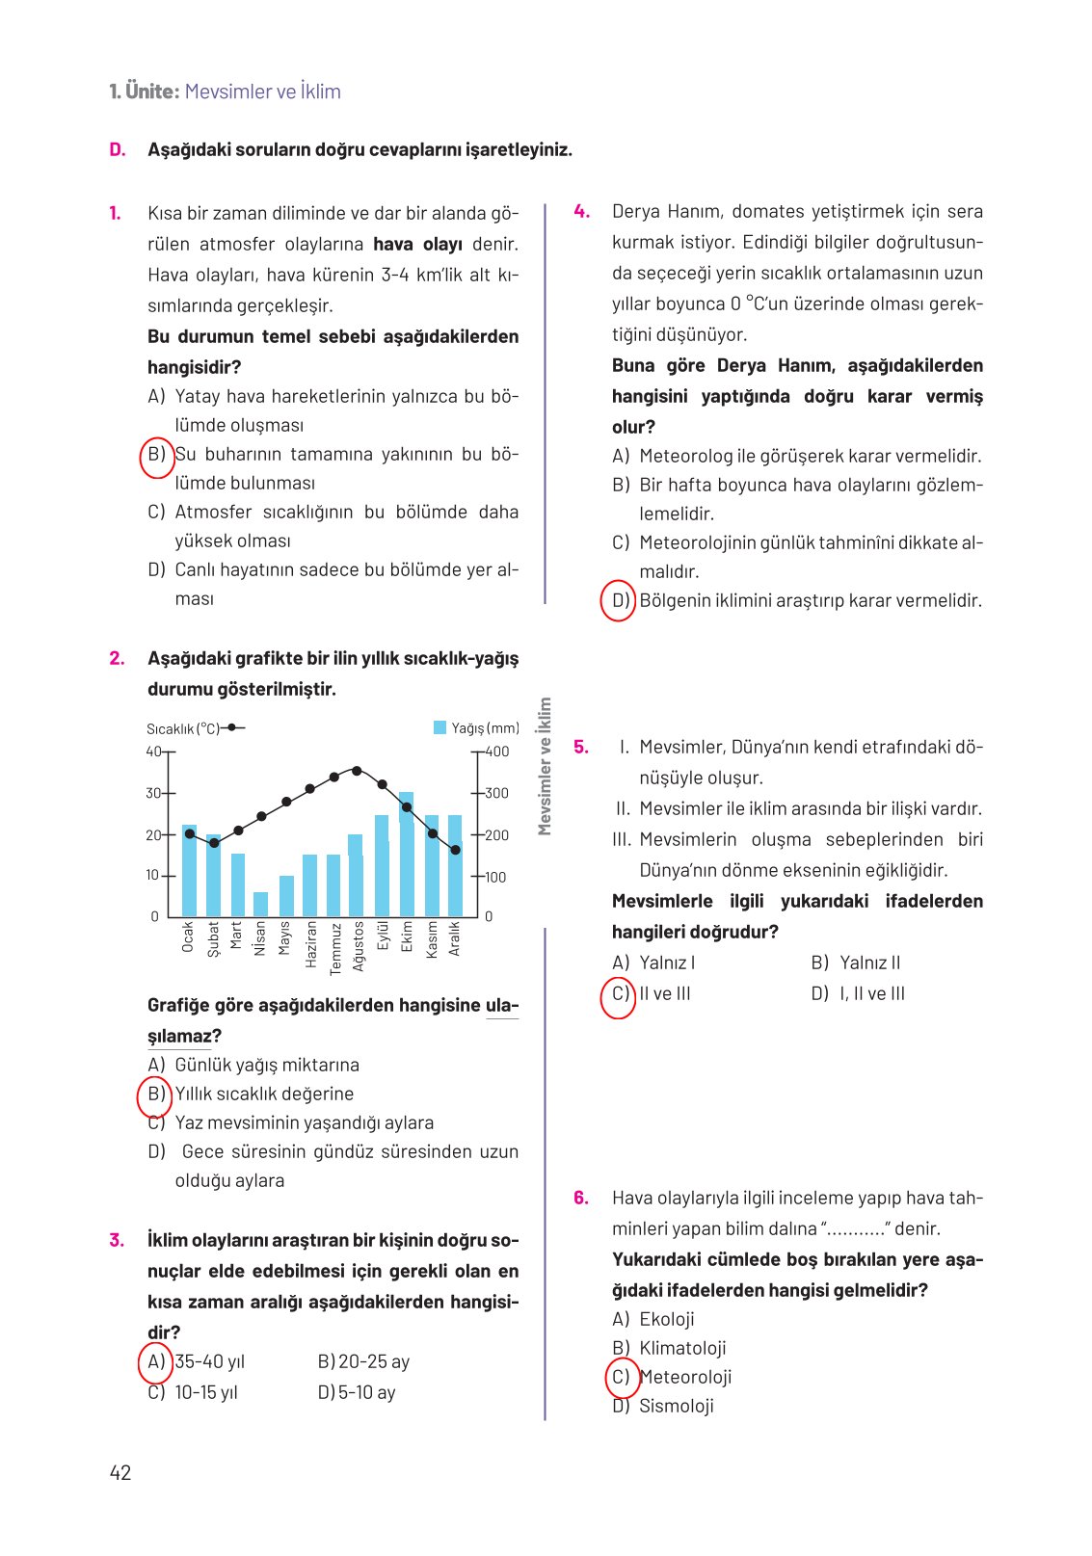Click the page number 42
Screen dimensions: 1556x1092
120,1472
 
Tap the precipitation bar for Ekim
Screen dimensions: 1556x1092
407,854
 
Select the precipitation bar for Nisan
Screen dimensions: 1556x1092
260,904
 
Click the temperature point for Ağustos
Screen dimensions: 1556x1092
357,771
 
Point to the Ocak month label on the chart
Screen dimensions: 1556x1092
188,936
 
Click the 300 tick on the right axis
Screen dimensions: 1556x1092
496,793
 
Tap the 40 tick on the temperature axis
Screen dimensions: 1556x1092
154,752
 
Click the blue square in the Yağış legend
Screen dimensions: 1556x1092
440,728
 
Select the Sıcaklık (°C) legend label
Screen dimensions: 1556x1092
183,729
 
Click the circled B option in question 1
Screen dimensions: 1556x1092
156,455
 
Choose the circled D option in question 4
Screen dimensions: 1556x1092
619,601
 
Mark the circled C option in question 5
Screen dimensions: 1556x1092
619,994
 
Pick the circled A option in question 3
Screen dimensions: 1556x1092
156,1361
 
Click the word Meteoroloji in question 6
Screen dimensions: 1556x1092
686,1377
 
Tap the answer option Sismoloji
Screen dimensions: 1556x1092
677,1406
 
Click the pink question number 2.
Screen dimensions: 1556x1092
117,658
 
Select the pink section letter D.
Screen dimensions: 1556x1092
118,149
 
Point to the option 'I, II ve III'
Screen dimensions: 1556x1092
871,993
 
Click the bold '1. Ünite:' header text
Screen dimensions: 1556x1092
145,92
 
